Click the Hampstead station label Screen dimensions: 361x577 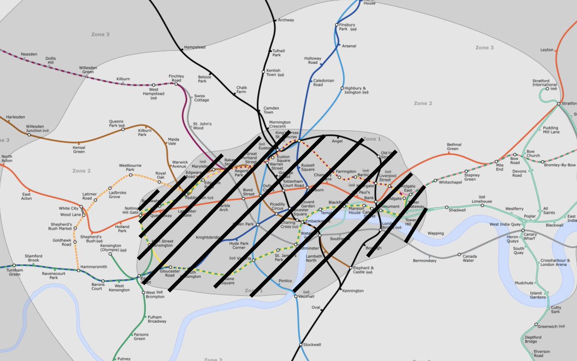tap(195, 47)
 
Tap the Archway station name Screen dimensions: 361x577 tap(286, 20)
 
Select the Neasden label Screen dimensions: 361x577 tap(29, 54)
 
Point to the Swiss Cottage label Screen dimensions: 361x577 tap(202, 98)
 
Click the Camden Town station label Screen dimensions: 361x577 tap(271, 110)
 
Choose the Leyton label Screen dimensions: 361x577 tap(547, 50)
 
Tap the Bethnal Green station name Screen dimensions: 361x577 tap(454, 147)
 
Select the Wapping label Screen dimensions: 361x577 tap(436, 234)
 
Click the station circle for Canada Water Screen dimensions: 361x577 tap(459, 254)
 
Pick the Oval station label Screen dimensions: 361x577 tap(315, 307)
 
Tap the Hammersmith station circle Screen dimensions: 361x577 tap(79, 270)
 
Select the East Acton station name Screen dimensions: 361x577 tap(26, 197)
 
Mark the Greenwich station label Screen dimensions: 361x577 tap(547, 326)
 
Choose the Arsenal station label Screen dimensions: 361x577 tap(349, 46)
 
